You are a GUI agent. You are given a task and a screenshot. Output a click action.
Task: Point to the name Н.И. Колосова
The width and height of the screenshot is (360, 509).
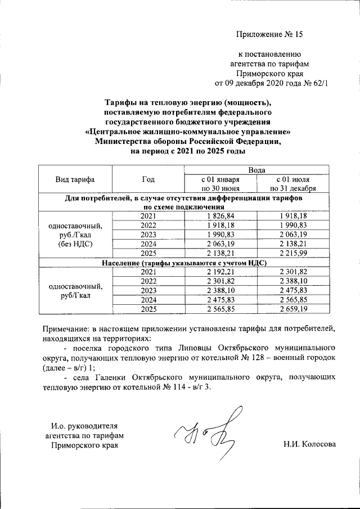coord(309,444)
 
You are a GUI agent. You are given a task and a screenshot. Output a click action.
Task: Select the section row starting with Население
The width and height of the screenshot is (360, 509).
coord(183,263)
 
